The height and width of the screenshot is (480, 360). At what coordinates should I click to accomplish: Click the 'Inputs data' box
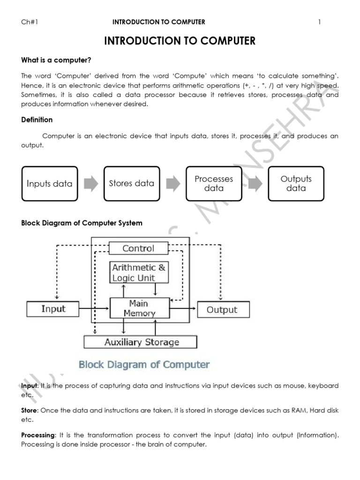(x=50, y=183)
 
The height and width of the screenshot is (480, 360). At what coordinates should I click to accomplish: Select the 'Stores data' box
(x=131, y=183)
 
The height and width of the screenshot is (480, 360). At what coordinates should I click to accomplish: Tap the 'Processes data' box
(x=214, y=183)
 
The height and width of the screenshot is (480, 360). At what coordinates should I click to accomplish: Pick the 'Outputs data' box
(x=296, y=183)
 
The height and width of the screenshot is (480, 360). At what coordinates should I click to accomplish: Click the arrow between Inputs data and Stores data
(x=90, y=183)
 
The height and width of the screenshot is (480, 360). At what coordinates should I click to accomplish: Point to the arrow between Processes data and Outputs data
(x=255, y=183)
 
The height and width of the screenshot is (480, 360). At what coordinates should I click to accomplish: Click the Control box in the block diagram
(x=138, y=248)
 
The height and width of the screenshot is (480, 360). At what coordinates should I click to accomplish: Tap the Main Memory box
(x=139, y=308)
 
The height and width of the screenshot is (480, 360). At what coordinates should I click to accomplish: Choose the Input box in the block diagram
(x=53, y=309)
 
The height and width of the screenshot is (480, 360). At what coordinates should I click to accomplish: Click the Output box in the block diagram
(x=222, y=309)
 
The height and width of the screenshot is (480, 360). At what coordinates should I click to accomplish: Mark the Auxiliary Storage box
(x=142, y=342)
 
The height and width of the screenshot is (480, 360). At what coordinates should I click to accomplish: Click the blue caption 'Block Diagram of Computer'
(x=144, y=364)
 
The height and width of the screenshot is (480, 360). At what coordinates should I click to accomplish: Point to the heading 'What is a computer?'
(x=56, y=60)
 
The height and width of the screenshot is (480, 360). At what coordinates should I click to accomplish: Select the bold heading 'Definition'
(x=37, y=120)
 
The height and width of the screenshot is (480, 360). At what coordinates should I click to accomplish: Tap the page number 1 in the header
(x=319, y=22)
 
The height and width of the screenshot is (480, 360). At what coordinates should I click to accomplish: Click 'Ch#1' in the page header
(x=30, y=22)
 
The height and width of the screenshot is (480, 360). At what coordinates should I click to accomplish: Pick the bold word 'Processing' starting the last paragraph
(x=39, y=435)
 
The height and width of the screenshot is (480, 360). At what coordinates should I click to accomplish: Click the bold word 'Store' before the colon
(x=30, y=410)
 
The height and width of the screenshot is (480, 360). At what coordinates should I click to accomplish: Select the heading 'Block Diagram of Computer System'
(x=82, y=223)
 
